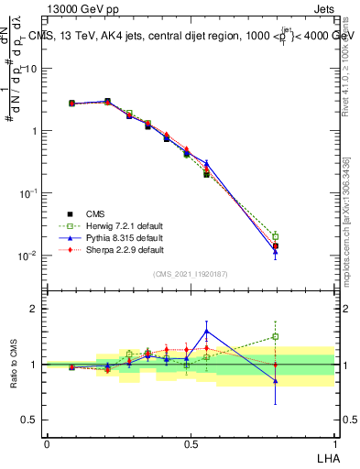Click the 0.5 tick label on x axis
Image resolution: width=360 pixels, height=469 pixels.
[x=191, y=443]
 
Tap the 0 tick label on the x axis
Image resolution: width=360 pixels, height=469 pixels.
[x=47, y=443]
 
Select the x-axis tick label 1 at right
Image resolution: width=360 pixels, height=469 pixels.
[x=334, y=443]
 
